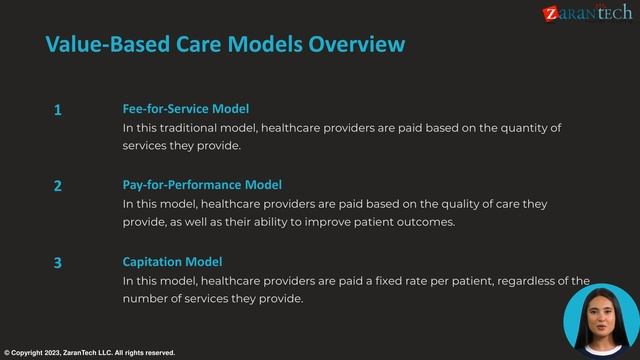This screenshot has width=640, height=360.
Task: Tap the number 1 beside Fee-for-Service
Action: pos(58,110)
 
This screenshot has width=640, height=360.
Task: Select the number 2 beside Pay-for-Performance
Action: pos(58,186)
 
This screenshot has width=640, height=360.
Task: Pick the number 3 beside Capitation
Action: pos(58,263)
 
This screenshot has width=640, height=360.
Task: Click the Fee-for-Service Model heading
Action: pos(185,108)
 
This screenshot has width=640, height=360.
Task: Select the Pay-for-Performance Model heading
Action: pos(202,185)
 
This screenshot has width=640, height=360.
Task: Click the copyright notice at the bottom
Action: pos(90,353)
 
